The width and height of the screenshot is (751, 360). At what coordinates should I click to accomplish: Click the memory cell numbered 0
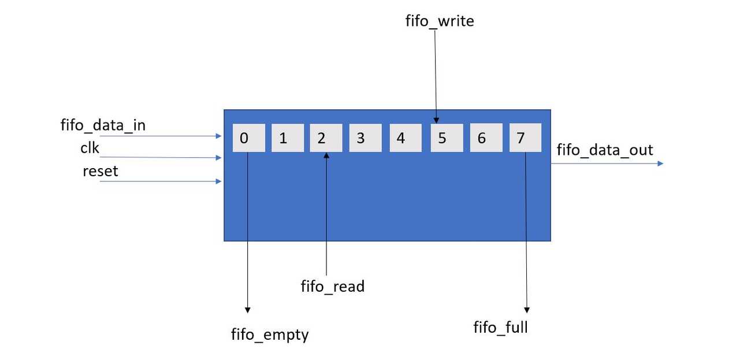tap(248, 138)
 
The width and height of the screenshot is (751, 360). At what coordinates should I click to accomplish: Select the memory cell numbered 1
tap(287, 138)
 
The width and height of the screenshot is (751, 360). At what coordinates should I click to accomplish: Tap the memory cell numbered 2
tap(326, 138)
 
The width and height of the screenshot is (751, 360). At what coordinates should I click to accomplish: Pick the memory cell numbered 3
tap(365, 138)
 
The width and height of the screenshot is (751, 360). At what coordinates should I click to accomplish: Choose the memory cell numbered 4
tap(405, 138)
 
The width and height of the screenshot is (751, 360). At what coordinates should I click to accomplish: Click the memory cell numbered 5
tap(446, 138)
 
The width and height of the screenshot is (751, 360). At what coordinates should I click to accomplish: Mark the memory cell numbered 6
tap(485, 138)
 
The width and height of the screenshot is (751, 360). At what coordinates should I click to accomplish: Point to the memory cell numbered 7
tap(525, 138)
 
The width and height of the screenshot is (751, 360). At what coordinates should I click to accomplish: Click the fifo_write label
tap(440, 21)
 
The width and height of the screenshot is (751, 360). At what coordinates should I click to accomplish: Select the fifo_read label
tap(333, 286)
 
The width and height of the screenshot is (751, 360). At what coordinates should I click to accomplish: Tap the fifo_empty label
tap(270, 334)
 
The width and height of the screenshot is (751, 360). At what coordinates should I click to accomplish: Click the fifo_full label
tap(500, 328)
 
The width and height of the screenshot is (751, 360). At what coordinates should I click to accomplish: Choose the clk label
tap(90, 148)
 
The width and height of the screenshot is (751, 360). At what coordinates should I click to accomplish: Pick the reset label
tap(100, 171)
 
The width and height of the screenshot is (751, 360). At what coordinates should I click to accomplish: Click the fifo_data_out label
tap(604, 150)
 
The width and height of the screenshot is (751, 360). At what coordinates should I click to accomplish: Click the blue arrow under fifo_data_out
tap(607, 164)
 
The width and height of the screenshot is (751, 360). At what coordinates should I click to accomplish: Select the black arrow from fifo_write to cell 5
tap(436, 75)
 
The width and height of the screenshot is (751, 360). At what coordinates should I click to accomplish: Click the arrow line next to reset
tap(162, 181)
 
